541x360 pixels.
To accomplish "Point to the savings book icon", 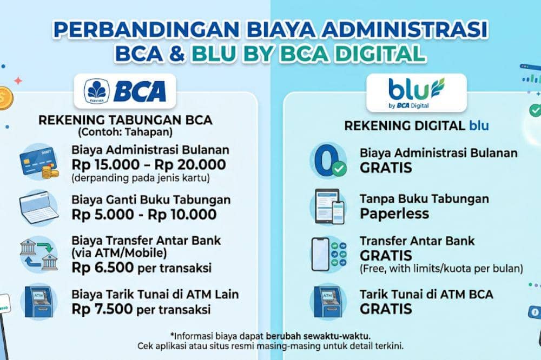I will [38, 208].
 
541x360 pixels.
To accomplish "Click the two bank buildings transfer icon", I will [38, 254].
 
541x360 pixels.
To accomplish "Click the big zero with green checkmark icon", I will [327, 161].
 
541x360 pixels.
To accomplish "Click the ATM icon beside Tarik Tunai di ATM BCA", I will [327, 302].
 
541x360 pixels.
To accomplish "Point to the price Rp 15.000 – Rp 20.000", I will [149, 164].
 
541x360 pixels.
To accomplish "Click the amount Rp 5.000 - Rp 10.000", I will [144, 214].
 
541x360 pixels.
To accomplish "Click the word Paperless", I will [394, 214].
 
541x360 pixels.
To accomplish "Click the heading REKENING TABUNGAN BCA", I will [125, 120].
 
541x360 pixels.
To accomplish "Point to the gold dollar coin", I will [4, 98].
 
